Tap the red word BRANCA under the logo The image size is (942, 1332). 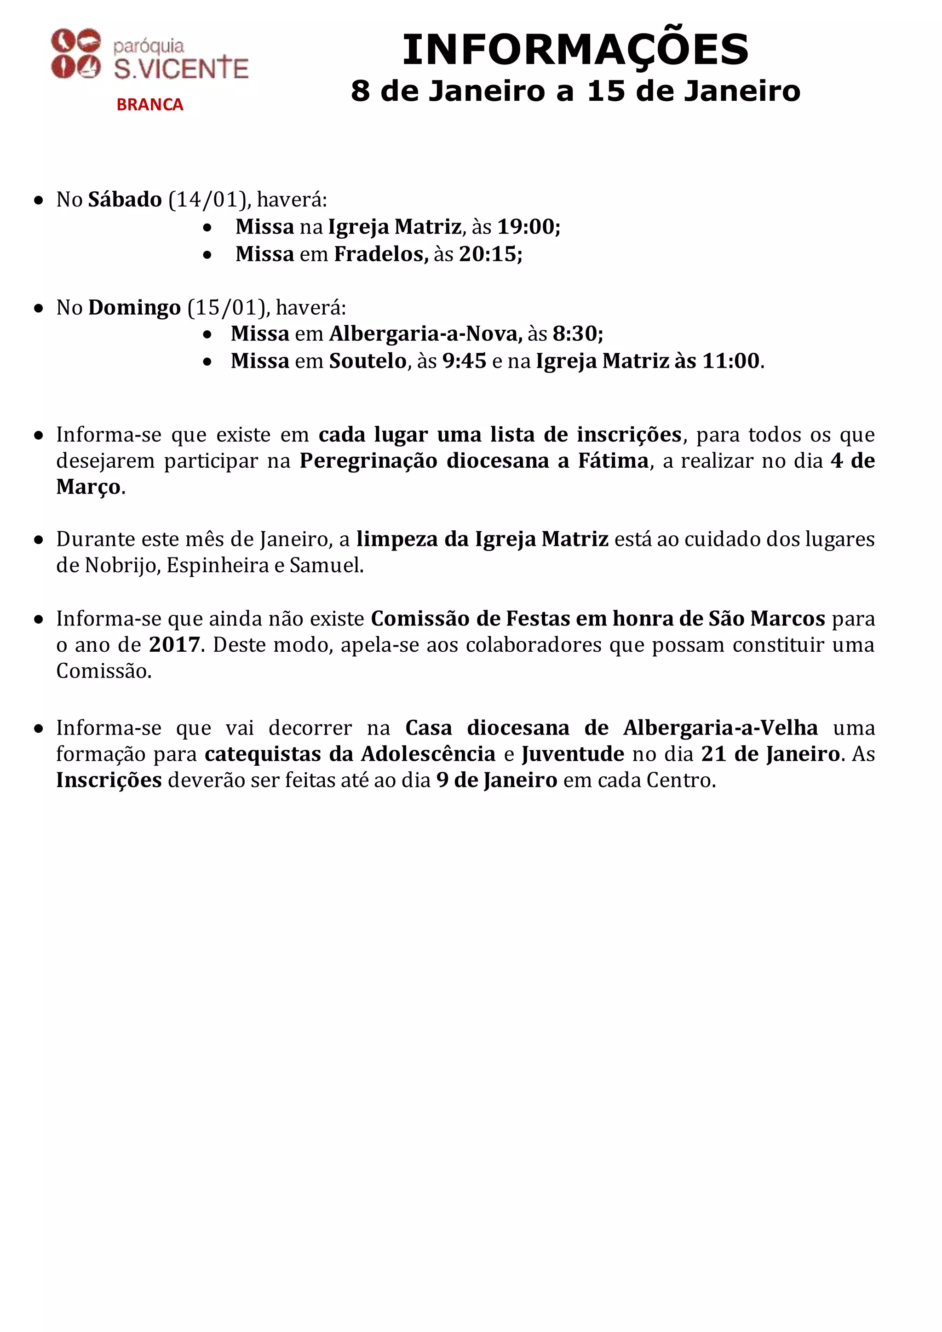coord(149,104)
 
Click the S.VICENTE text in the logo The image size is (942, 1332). coord(181,69)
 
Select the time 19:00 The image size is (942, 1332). coord(526,227)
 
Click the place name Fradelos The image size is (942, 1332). coord(380,254)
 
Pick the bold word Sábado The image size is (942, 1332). coord(125,200)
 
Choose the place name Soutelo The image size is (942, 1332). coord(368,361)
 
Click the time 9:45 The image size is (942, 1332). coord(464,361)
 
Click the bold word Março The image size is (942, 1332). coord(88,487)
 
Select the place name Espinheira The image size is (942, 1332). coord(218,565)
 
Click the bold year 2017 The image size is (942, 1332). coord(174,644)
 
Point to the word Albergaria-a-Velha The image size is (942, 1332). coord(720,728)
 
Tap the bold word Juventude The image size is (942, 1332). coord(573,753)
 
